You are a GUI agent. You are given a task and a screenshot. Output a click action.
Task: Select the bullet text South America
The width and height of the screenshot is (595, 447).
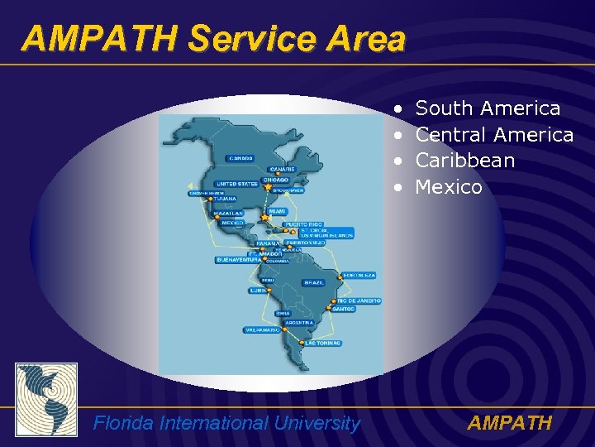coord(488,108)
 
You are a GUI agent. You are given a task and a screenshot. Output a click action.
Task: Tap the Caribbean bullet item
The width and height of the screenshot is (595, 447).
coord(464,161)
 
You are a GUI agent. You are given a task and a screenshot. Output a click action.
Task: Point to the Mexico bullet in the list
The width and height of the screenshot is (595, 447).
coord(449,187)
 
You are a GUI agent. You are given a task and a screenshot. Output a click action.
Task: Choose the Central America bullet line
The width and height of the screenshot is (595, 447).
coord(494,134)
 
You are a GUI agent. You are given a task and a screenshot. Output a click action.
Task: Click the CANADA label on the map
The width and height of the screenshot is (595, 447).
coord(241,158)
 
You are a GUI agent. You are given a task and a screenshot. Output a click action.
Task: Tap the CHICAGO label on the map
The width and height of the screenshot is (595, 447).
coord(276,180)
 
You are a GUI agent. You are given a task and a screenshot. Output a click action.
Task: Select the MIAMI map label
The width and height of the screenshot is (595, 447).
coord(277,211)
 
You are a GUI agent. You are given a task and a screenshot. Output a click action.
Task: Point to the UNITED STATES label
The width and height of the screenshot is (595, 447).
coord(236,184)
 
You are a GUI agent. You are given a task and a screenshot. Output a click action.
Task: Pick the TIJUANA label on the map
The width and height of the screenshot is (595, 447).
coord(224,199)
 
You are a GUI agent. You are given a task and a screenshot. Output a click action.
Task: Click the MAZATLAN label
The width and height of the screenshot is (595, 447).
coord(229,214)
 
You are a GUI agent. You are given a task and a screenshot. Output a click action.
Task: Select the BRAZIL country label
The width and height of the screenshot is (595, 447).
coord(314,282)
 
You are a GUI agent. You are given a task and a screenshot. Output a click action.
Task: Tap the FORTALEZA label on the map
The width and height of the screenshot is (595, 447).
coord(359,275)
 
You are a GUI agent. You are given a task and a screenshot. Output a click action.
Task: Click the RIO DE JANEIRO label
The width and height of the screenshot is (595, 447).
coord(359,300)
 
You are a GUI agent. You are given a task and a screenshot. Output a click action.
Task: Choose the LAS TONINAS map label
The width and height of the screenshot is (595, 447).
coord(322,343)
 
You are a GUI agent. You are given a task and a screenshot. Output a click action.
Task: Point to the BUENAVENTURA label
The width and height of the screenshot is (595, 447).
coord(238,260)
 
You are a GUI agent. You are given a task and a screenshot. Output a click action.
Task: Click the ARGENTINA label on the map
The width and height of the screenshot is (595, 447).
coord(298,322)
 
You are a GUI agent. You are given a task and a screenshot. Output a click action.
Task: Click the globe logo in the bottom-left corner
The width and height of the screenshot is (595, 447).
coord(46,400)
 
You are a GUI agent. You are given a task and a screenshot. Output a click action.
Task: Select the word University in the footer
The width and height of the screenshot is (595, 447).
coord(318,424)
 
